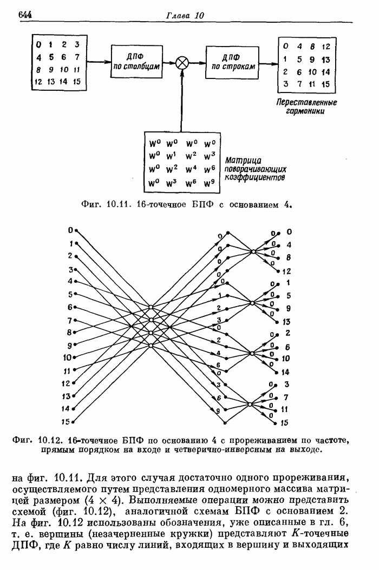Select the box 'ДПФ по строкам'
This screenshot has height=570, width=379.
point(230,62)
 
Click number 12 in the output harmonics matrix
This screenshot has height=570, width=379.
point(326,47)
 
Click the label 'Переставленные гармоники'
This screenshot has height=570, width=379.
point(306,106)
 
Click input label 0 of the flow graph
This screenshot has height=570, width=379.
point(70,230)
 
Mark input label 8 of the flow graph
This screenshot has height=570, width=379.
point(69,332)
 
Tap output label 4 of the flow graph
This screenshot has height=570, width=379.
point(288,245)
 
